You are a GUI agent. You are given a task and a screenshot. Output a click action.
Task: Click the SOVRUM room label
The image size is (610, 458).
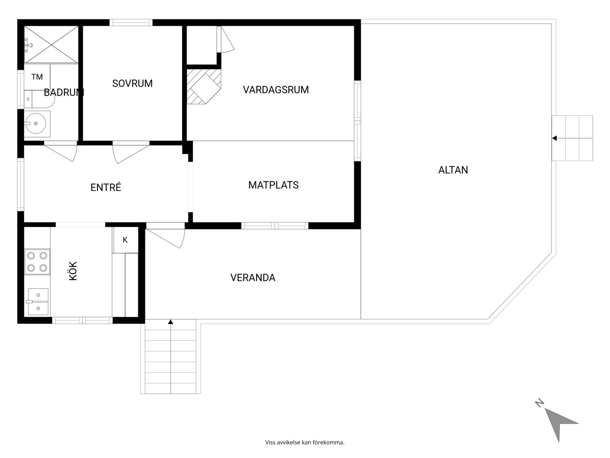(132, 83)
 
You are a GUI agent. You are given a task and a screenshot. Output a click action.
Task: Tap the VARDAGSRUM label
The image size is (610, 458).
(276, 90)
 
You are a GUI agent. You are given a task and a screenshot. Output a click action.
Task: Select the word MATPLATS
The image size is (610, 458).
(273, 185)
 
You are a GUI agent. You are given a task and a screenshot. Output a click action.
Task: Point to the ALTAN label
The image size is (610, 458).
(453, 170)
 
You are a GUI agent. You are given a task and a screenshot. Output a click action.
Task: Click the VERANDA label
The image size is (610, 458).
(253, 278)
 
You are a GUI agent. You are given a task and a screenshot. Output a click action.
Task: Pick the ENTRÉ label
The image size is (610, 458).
(106, 187)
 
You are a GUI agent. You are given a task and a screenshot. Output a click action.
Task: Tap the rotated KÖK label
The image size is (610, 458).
(73, 271)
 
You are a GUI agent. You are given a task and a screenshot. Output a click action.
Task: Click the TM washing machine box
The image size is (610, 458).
(37, 77)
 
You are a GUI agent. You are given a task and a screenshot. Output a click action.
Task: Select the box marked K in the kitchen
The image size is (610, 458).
(125, 240)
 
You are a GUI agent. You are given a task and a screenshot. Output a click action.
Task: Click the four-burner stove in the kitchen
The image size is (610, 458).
(37, 262)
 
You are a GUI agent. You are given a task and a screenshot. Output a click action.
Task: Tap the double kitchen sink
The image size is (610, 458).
(38, 302)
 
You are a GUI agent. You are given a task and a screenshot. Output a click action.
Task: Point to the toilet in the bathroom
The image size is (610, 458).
(39, 99)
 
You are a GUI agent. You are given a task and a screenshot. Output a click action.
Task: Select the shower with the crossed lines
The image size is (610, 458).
(51, 45)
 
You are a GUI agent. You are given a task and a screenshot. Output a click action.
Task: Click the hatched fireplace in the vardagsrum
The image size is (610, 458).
(204, 87)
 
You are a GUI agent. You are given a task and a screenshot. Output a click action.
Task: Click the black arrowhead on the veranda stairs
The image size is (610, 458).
(171, 322)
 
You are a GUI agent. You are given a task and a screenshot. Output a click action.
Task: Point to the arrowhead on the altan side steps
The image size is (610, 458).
(554, 138)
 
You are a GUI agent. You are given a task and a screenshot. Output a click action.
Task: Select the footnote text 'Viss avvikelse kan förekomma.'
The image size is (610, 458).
(305, 442)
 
